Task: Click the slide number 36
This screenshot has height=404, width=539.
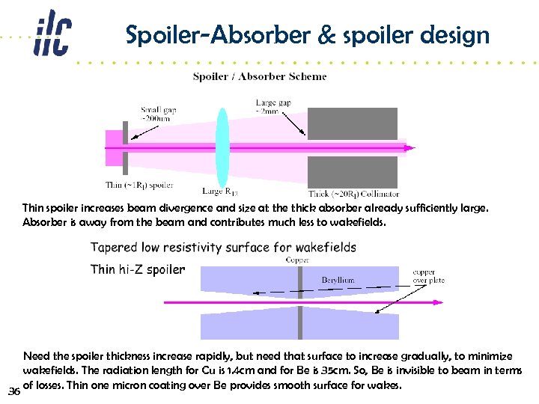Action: [x=13, y=391]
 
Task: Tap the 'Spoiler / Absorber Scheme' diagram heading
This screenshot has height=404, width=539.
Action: [x=260, y=76]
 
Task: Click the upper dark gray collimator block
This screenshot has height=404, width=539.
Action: [x=353, y=123]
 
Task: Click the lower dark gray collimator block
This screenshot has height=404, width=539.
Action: [x=353, y=171]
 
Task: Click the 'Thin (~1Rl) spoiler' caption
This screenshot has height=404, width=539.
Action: [x=139, y=185]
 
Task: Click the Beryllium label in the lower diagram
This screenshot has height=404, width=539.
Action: [x=338, y=280]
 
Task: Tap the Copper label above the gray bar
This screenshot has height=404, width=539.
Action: [x=297, y=260]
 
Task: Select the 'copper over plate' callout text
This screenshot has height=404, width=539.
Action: [x=429, y=276]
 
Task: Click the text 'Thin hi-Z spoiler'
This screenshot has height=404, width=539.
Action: [x=137, y=269]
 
